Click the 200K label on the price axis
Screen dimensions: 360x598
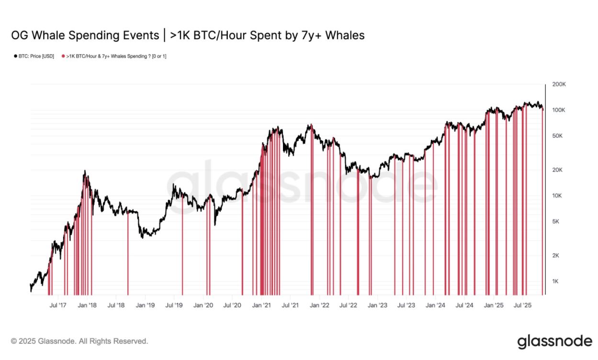click(x=559, y=84)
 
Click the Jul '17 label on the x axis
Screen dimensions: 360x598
click(x=58, y=305)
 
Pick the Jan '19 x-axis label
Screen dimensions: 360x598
click(x=145, y=305)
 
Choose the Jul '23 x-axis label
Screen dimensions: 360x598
click(x=406, y=305)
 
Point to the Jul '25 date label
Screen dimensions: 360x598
click(x=523, y=305)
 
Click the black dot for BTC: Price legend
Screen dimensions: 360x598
click(x=16, y=56)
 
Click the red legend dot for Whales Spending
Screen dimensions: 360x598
click(x=63, y=56)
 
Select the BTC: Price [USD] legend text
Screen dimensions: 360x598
click(x=36, y=56)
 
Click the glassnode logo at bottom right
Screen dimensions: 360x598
click(x=554, y=341)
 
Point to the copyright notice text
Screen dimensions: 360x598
click(x=79, y=341)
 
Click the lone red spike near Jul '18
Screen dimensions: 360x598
click(x=128, y=254)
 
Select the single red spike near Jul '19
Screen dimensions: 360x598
click(x=182, y=249)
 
